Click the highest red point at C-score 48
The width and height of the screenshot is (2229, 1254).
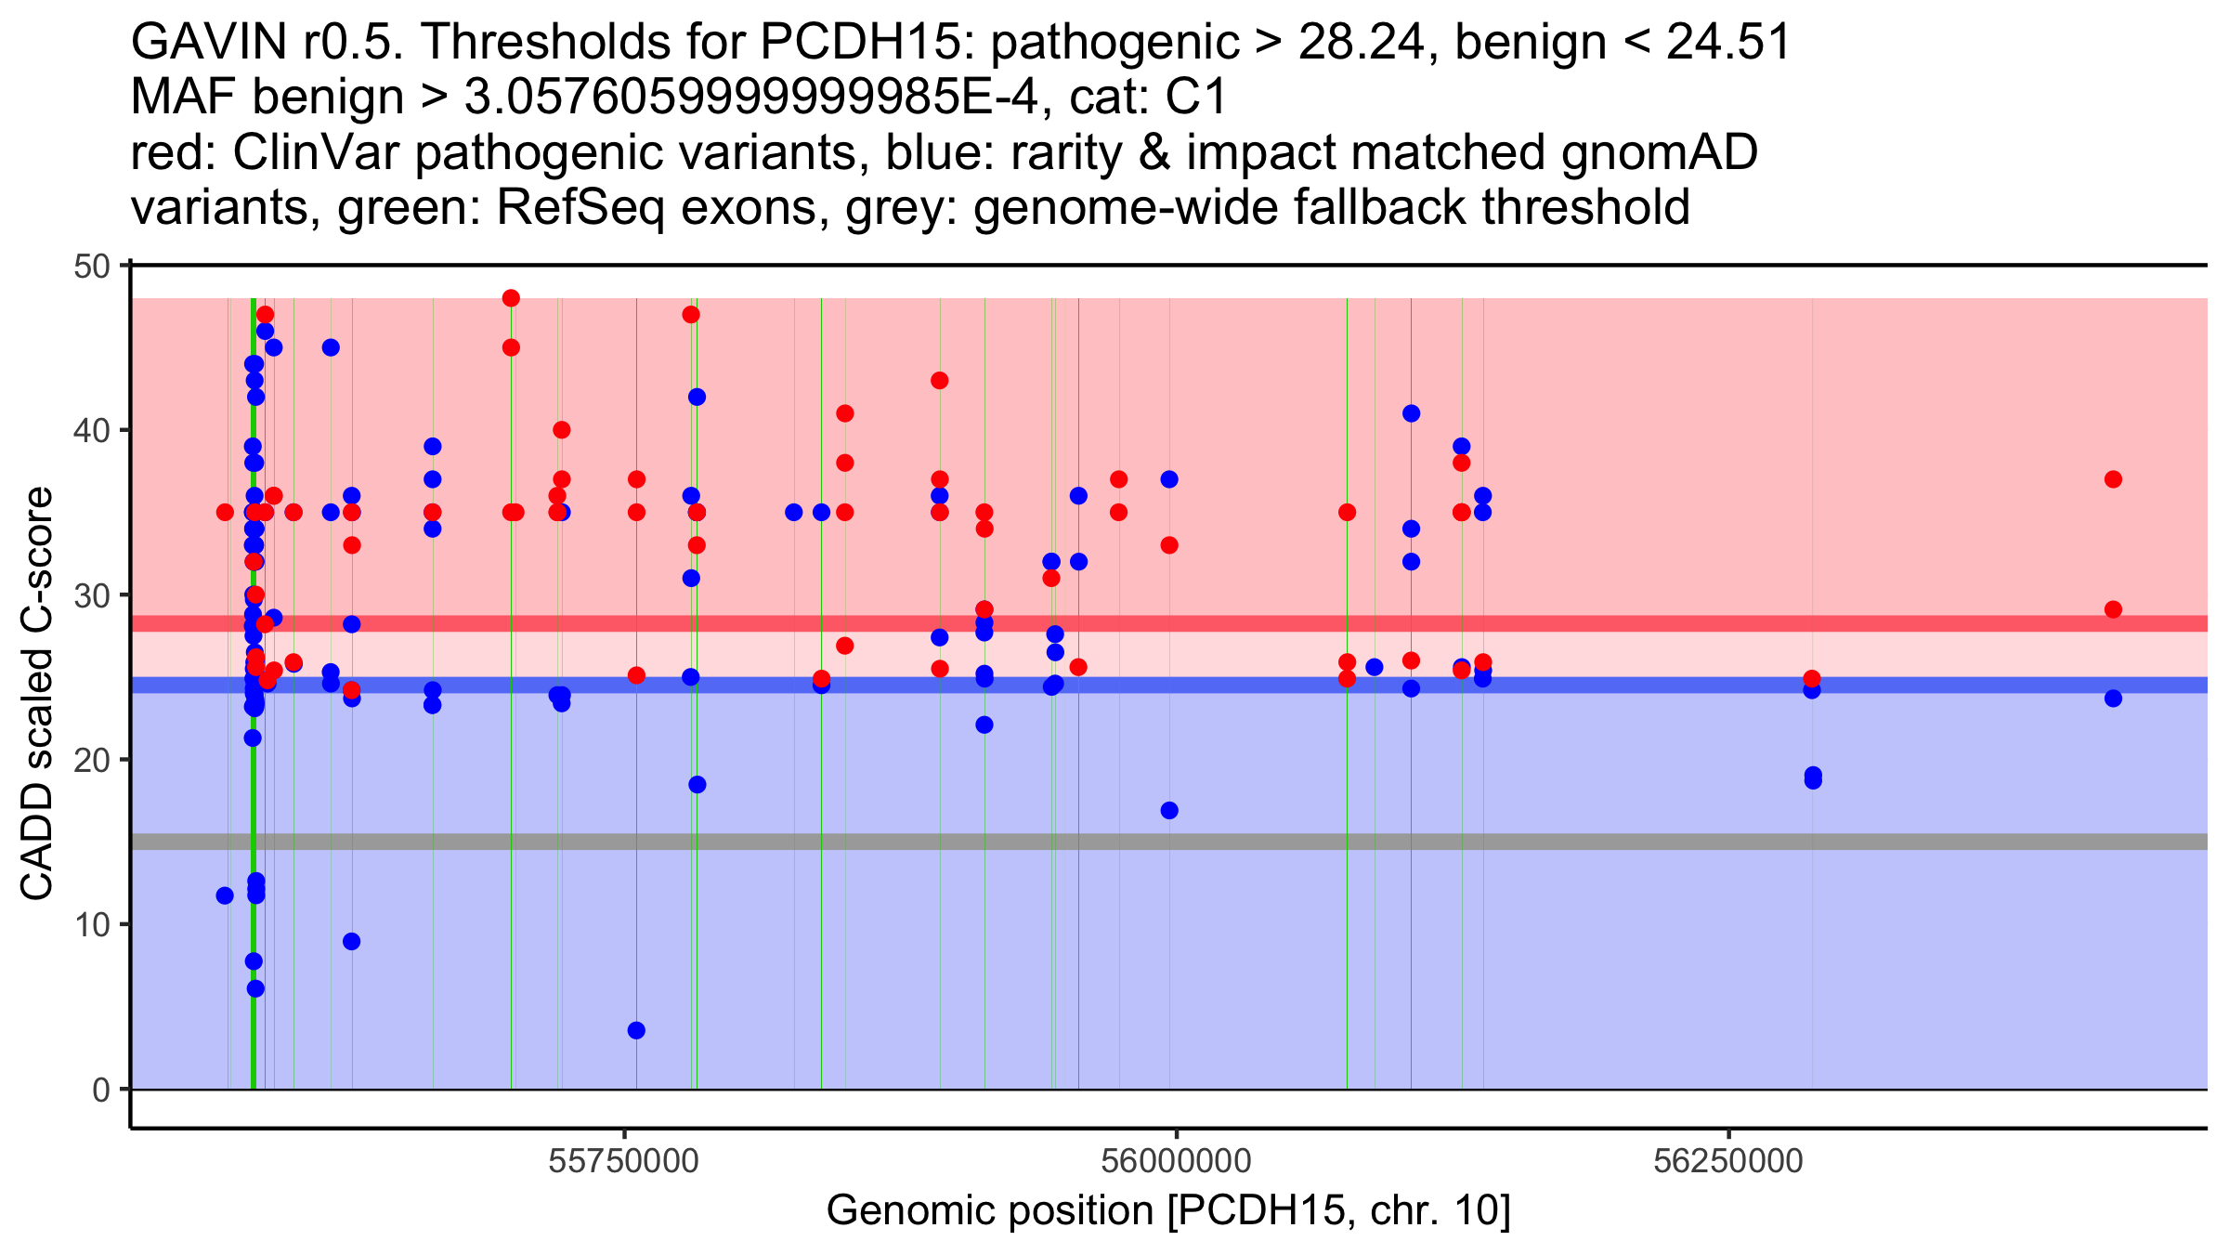(511, 298)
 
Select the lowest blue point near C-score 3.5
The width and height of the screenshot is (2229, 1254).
(636, 1030)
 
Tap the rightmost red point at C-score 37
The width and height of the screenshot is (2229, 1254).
(2113, 479)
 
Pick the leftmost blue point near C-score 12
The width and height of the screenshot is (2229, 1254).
(225, 895)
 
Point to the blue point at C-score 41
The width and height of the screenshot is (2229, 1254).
(1411, 413)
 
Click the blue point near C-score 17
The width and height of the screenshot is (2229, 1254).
(1169, 811)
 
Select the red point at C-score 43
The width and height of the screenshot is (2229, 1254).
(940, 381)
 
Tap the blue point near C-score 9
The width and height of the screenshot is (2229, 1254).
(351, 942)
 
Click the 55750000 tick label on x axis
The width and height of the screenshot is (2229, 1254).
(624, 1162)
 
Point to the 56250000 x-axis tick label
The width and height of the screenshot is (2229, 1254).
(1728, 1162)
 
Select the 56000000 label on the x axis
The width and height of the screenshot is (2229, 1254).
(1176, 1162)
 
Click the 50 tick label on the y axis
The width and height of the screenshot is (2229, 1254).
(91, 267)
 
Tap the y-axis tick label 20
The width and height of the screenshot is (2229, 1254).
(91, 761)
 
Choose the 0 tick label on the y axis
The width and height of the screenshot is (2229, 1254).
(101, 1090)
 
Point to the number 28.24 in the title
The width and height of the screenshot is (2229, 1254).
(1362, 42)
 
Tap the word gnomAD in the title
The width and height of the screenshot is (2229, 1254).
(1660, 152)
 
